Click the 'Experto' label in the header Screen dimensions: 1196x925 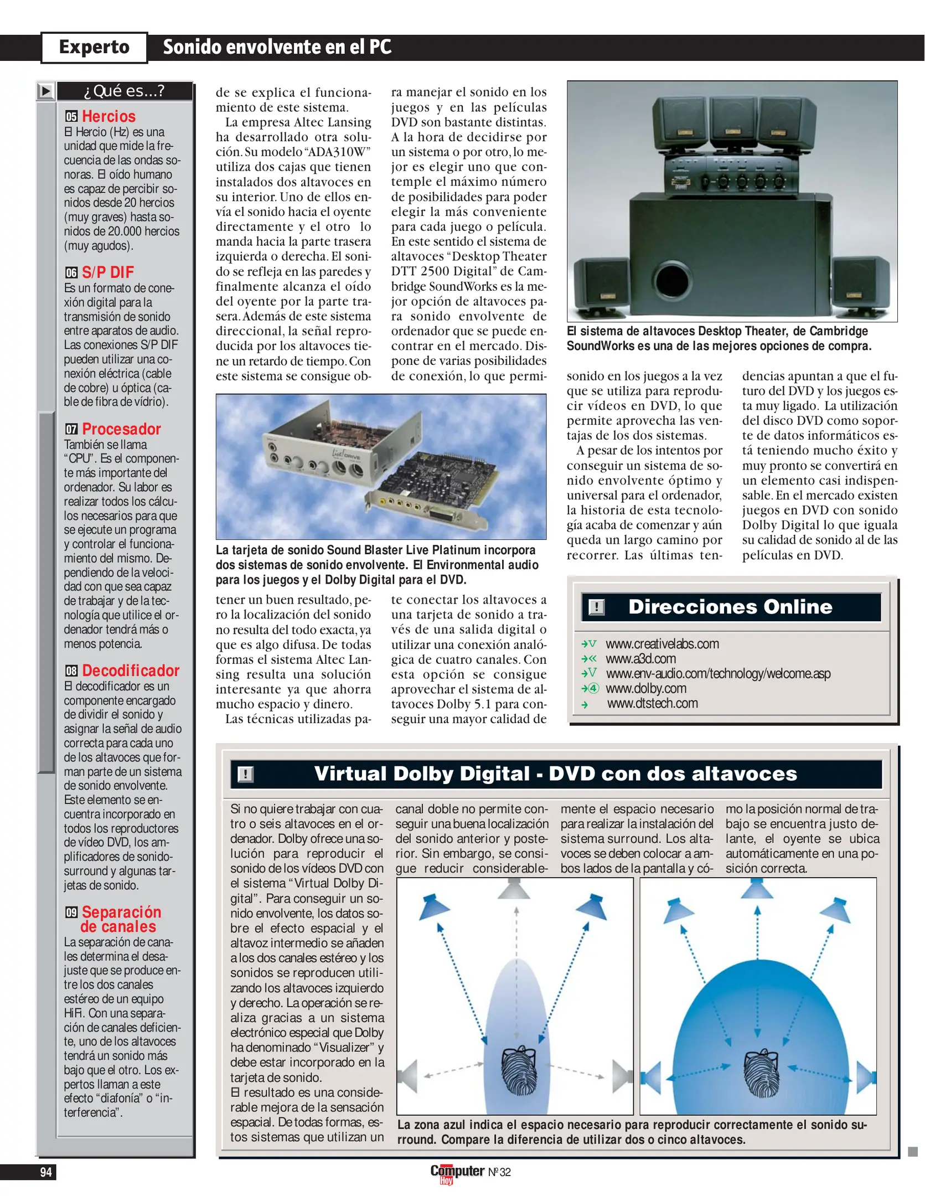pyautogui.click(x=94, y=47)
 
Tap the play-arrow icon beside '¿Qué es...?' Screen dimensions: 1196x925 pyautogui.click(x=46, y=91)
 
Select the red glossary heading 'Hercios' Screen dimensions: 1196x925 pyautogui.click(x=108, y=116)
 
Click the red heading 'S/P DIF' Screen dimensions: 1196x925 pyautogui.click(x=108, y=272)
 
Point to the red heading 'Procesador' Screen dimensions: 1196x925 pyautogui.click(x=121, y=429)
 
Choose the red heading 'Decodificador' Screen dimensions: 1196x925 pyautogui.click(x=131, y=671)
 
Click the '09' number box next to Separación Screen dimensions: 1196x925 pyautogui.click(x=71, y=912)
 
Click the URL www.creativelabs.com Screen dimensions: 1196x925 pyautogui.click(x=662, y=644)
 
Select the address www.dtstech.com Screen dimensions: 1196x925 pyautogui.click(x=652, y=703)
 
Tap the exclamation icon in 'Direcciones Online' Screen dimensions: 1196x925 pyautogui.click(x=596, y=607)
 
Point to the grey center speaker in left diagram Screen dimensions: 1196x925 pyautogui.click(x=514, y=889)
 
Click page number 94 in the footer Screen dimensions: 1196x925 pyautogui.click(x=46, y=1172)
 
